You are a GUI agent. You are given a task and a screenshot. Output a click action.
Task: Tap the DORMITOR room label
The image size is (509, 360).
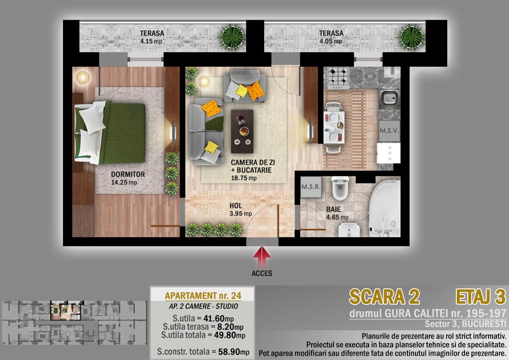[128, 174]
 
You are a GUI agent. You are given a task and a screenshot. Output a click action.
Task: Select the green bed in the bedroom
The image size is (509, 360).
[110, 132]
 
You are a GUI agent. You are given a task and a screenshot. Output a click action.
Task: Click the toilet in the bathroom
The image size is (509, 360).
[340, 188]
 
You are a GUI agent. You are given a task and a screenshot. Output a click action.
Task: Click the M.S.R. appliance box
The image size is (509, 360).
[311, 187]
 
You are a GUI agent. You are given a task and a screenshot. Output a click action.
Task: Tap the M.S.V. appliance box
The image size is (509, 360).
[389, 131]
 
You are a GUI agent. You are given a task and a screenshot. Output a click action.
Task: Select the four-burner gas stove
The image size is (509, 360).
[338, 78]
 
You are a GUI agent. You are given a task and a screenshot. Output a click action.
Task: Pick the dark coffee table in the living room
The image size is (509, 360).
[242, 131]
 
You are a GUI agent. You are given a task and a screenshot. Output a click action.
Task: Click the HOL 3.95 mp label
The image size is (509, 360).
[241, 209]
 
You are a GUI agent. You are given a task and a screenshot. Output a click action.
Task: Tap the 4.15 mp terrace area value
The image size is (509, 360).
[151, 41]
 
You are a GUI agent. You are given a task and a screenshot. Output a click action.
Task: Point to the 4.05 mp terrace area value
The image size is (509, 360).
[330, 41]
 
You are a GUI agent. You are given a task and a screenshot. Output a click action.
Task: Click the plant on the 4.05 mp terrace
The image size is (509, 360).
[411, 38]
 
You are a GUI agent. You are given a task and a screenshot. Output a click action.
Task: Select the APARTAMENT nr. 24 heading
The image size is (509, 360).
[203, 296]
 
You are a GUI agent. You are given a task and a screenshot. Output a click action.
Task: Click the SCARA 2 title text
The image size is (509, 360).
[384, 296]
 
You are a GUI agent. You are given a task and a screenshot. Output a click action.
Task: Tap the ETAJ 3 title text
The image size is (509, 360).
[481, 296]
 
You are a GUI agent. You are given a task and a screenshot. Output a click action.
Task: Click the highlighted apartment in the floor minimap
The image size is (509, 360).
[66, 310]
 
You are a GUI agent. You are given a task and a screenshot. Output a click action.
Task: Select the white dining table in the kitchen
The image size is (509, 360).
[334, 127]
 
